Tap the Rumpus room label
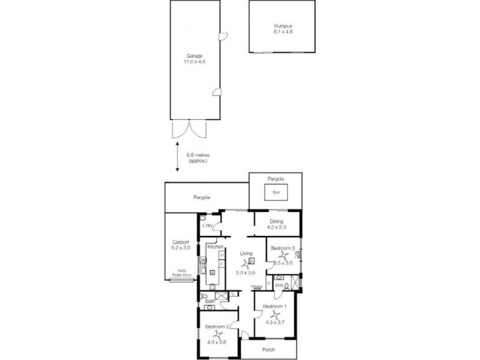point(283,26)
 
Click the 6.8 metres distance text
point(199,155)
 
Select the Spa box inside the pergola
point(276,193)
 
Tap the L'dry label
point(208,226)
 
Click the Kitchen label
point(215,247)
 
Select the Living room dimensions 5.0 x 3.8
point(244,273)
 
